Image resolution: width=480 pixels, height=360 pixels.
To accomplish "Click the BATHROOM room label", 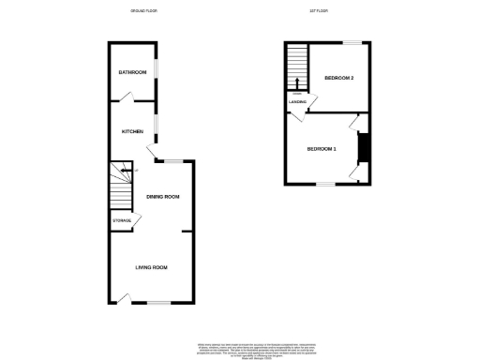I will coord(131,72).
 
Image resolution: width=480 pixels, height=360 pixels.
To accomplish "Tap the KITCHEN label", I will coord(131,132).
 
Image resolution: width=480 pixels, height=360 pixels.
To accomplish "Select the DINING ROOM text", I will coord(163,197).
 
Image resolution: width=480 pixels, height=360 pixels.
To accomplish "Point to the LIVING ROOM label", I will coord(151,268).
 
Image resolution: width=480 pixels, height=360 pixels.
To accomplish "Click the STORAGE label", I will coord(122,220).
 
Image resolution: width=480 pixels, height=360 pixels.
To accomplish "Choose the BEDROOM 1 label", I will coord(322,149).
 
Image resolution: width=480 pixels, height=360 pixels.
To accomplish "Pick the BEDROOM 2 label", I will coord(338,78).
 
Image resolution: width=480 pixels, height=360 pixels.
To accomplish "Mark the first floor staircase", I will coord(297,67).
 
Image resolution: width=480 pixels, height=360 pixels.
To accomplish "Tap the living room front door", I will coord(123,299).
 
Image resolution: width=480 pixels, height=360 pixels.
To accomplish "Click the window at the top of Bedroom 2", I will coord(352,43).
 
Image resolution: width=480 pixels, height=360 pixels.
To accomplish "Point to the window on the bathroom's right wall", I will coord(156,73).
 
